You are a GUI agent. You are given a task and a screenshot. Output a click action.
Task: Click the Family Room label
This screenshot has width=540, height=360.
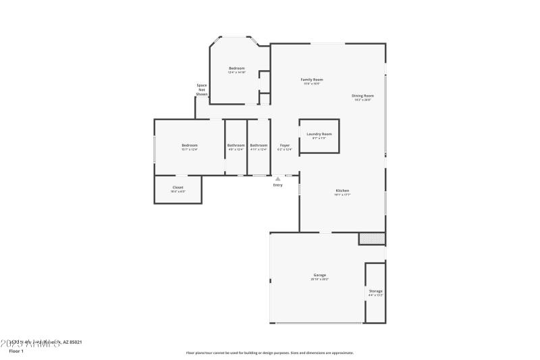[311, 80]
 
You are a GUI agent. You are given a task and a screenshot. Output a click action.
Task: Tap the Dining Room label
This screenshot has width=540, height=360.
[362, 96]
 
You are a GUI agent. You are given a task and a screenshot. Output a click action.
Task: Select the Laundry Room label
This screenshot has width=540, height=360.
[319, 134]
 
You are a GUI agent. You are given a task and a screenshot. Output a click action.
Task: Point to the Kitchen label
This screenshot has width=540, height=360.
[342, 190]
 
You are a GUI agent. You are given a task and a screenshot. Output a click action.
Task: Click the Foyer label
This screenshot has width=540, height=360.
[285, 145]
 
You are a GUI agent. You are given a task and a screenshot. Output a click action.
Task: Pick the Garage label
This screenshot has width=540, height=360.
[319, 275]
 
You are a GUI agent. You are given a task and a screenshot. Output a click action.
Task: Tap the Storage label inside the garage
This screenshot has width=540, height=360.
[375, 291]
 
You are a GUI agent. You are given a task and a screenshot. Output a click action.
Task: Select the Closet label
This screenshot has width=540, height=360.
[178, 187]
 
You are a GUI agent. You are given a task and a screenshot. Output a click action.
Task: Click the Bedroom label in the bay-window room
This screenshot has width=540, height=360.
[236, 68]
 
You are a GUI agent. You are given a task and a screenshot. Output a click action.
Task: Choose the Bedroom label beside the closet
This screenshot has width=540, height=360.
[189, 145]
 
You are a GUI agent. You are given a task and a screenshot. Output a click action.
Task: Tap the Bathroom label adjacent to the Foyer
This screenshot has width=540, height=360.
[259, 145]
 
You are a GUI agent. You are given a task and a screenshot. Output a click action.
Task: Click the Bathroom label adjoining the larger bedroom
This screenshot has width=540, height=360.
[236, 145]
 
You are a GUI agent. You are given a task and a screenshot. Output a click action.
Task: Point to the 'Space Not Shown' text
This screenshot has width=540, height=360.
[202, 90]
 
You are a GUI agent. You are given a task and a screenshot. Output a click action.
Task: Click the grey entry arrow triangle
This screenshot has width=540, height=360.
[277, 179]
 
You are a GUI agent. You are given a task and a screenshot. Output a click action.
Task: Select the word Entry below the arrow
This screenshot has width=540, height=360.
[277, 185]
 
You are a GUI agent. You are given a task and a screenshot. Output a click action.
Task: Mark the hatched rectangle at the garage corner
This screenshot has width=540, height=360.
[371, 238]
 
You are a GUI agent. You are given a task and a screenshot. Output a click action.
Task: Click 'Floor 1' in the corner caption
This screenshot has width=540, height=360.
[16, 351]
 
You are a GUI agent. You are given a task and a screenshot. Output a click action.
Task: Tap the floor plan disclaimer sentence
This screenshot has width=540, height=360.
[269, 353]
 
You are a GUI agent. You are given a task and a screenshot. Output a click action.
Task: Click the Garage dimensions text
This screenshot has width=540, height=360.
[319, 279]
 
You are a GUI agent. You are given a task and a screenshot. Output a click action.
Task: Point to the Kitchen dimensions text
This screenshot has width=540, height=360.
[342, 195]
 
